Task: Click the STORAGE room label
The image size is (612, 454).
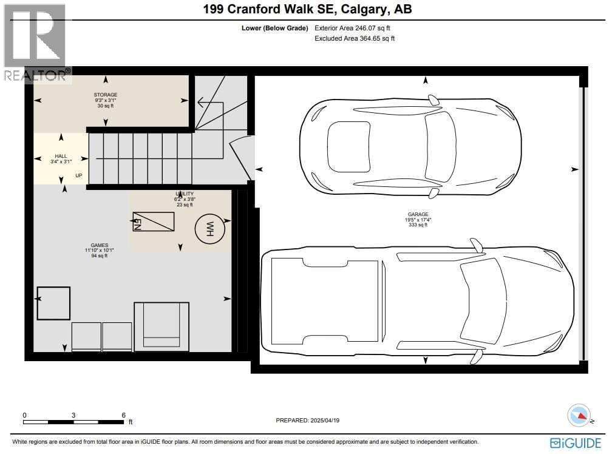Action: [105, 95]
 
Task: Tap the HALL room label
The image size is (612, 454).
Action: [61, 156]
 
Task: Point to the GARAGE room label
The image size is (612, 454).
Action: [418, 214]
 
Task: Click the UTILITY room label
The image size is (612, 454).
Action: [185, 194]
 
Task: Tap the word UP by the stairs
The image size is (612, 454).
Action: [79, 176]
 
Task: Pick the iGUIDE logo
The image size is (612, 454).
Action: [576, 443]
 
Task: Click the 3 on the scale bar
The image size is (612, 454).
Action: [73, 415]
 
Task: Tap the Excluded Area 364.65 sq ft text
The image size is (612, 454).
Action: [355, 38]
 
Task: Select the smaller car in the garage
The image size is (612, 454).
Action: [410, 146]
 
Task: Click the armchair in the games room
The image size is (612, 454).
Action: [161, 325]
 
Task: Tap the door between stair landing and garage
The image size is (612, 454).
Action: [241, 158]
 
